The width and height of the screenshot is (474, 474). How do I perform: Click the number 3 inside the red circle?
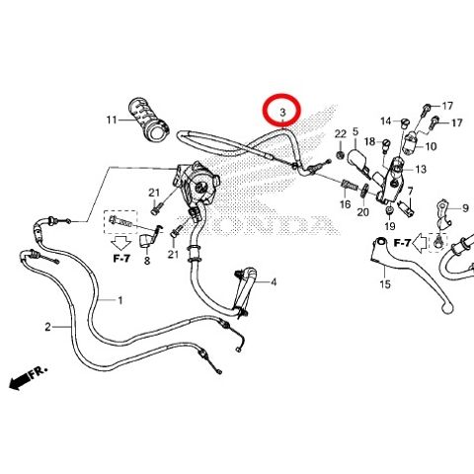tap(282, 113)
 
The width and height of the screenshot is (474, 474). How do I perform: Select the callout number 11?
tap(112, 120)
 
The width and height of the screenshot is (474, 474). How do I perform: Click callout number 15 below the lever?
tap(385, 283)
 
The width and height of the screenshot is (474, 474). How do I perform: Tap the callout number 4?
tap(274, 282)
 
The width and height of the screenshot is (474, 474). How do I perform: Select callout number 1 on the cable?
tap(120, 300)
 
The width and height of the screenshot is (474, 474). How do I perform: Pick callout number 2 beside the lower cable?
tap(48, 327)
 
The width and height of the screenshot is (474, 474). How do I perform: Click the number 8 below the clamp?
tap(147, 261)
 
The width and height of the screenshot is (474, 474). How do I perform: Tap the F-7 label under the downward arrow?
tap(121, 259)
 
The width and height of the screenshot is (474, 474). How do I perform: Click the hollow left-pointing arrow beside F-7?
tap(421, 243)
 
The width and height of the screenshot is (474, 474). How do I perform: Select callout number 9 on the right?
tap(465, 208)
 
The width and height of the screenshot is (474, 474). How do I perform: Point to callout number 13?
tap(421, 169)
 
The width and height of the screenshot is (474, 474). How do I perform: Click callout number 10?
tap(431, 146)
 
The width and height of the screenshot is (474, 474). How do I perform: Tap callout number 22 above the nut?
tap(341, 134)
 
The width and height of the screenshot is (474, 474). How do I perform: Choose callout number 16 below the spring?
tap(345, 204)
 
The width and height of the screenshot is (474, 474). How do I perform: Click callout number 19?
tap(390, 226)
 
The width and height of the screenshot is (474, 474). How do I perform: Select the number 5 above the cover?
tap(355, 132)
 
